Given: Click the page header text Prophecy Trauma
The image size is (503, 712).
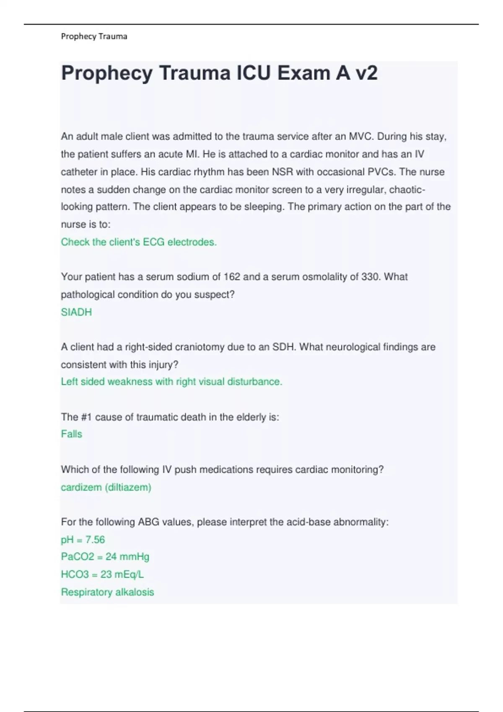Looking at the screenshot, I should [x=94, y=36].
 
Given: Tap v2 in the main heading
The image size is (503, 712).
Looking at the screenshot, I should [x=366, y=73].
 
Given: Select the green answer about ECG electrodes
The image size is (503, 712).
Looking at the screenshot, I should [x=139, y=242].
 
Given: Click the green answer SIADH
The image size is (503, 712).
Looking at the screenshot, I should [x=76, y=312].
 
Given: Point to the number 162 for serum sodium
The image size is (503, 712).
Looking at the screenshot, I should [x=232, y=277].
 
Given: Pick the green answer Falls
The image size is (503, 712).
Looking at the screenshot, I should [x=72, y=434].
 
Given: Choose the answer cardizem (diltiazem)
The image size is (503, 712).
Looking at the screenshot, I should [x=106, y=487].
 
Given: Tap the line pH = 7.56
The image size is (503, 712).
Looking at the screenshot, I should [x=83, y=539].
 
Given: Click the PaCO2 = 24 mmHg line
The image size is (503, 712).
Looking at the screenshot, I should [x=105, y=557].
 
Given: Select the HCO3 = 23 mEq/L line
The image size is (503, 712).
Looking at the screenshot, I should [x=102, y=574].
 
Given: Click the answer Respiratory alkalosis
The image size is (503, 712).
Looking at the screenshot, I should [x=108, y=592].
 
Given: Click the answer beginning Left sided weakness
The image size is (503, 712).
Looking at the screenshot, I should [x=171, y=382].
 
